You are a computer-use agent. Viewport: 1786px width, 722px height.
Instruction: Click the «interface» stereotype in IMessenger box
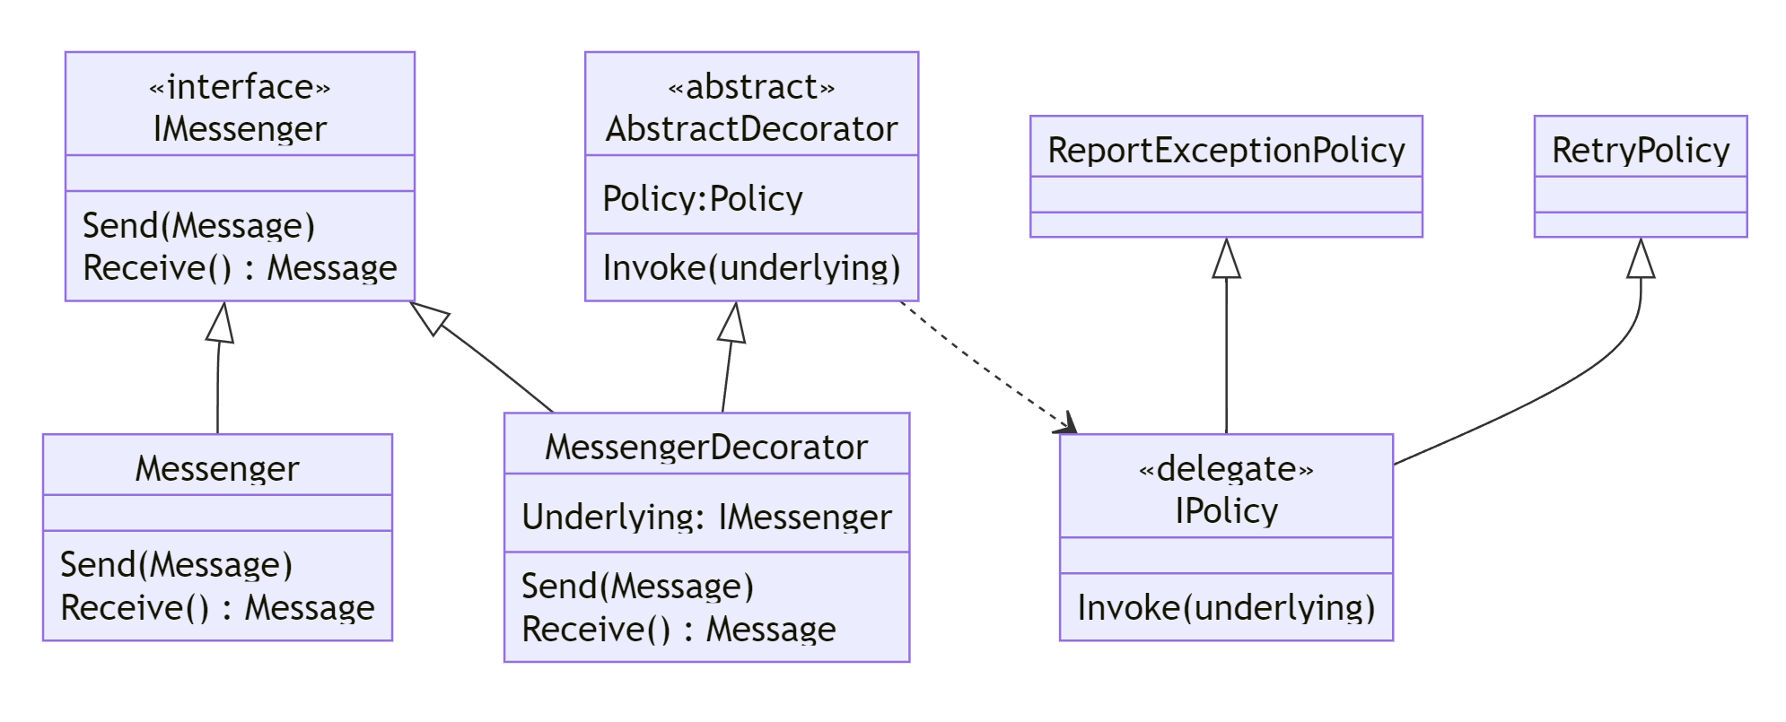click(x=240, y=87)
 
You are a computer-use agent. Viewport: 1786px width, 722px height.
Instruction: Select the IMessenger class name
click(x=240, y=129)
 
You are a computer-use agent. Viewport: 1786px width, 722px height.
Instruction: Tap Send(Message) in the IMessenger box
click(x=198, y=226)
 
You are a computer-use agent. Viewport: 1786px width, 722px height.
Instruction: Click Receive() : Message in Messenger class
click(x=217, y=608)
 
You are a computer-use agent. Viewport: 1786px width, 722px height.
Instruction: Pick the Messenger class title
click(x=217, y=469)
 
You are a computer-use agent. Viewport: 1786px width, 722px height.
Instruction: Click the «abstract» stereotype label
click(x=751, y=87)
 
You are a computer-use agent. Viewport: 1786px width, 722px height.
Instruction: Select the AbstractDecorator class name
click(x=751, y=129)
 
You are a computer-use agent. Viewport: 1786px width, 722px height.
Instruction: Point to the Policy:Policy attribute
click(x=703, y=199)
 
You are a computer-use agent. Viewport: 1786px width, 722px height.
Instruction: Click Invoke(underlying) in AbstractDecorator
click(x=751, y=268)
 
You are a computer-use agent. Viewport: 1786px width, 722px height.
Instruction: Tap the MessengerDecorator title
click(x=706, y=448)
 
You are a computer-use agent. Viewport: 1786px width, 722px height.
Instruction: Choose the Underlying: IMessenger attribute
click(x=706, y=518)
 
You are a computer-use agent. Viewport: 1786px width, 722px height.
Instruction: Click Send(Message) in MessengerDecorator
click(x=637, y=587)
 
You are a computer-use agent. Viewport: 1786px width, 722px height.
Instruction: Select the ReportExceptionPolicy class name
click(x=1226, y=151)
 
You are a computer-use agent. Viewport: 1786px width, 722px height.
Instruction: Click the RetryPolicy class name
click(x=1641, y=151)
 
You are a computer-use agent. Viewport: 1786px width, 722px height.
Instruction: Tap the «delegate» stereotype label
click(x=1226, y=469)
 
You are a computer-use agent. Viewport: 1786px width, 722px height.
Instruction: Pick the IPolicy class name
click(x=1226, y=511)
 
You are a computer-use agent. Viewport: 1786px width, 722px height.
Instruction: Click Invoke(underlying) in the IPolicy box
click(x=1226, y=608)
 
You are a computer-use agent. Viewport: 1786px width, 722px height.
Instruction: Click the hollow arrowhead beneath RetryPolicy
click(x=1641, y=259)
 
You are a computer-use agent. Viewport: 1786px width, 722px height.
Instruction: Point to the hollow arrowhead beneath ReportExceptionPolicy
click(x=1226, y=259)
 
